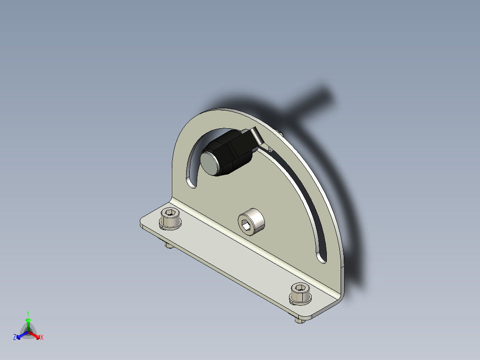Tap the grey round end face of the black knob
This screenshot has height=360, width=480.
click(x=210, y=163)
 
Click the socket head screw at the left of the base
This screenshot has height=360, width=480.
click(x=171, y=218)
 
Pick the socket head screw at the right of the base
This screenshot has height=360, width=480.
click(x=301, y=294)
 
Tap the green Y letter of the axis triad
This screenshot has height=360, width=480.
click(x=28, y=313)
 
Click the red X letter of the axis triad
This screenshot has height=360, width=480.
click(x=42, y=338)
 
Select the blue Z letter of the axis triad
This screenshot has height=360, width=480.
click(x=15, y=338)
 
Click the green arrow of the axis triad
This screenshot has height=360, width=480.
click(x=28, y=323)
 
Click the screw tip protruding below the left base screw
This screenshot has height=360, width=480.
click(x=169, y=245)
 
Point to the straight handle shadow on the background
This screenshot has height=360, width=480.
click(x=312, y=100)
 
